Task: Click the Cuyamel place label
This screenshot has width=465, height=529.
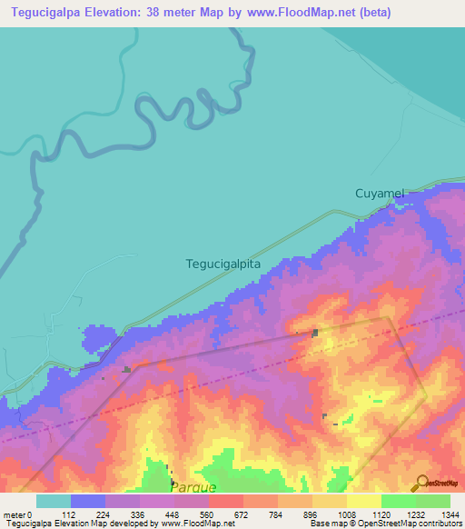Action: (378, 195)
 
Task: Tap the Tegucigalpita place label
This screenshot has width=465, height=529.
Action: (223, 264)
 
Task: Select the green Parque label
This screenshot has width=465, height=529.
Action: (193, 487)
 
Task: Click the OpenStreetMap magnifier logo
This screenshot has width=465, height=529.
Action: (422, 483)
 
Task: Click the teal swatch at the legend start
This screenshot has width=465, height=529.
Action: (53, 501)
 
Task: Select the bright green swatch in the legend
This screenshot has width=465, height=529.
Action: (398, 501)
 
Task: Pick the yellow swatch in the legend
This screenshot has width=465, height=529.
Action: (363, 501)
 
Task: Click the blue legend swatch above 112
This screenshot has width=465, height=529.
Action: (88, 501)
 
